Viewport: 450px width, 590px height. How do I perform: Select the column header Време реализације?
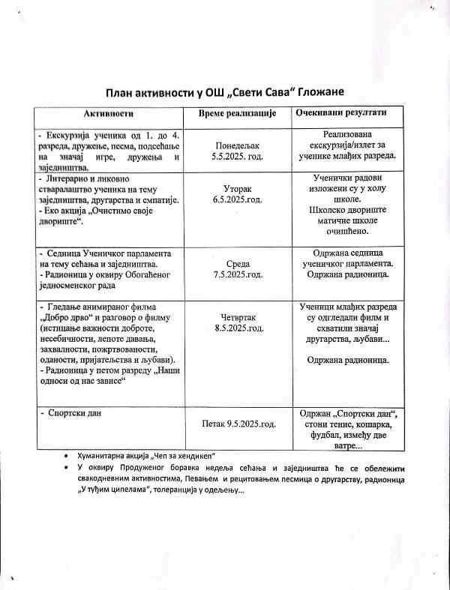238,112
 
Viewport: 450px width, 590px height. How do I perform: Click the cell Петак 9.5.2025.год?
238,424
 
